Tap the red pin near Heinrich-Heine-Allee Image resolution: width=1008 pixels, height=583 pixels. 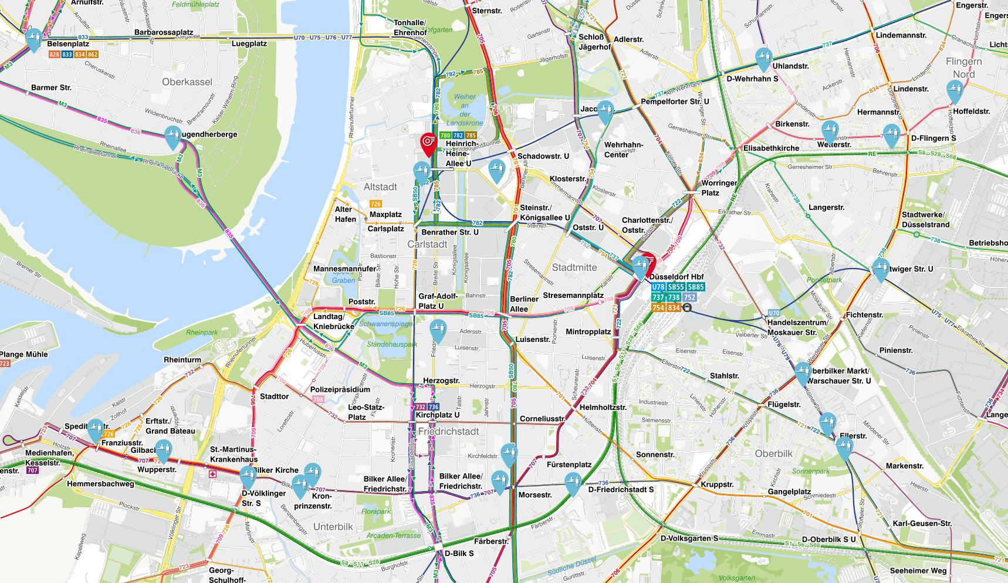point(428,142)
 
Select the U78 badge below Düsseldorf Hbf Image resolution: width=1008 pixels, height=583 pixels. point(658,287)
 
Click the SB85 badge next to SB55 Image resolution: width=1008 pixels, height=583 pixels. point(695,287)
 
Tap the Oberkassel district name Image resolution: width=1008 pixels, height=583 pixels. point(187,82)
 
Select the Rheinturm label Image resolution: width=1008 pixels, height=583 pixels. point(182,360)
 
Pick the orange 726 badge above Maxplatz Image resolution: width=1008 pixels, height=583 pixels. point(376,204)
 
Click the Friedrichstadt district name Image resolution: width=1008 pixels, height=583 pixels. point(449,431)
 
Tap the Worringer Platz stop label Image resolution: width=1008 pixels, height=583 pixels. point(719,188)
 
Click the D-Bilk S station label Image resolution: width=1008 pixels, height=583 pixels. point(459,553)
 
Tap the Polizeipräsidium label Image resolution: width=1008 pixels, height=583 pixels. point(340,389)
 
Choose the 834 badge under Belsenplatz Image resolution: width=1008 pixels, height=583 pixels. point(80,55)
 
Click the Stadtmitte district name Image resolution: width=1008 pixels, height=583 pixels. point(574,267)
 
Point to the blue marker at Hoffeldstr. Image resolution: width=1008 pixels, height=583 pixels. point(955,91)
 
